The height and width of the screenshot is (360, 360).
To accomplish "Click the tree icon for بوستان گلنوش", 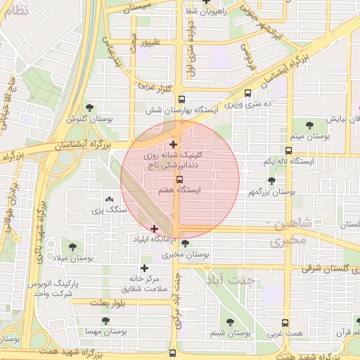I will pos(89,108).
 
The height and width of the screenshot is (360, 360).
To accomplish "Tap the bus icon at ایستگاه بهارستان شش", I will pos(181,100).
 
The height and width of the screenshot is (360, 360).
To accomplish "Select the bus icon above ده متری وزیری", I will pos(247,93).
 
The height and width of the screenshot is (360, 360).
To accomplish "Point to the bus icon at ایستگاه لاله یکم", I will pos(288,150).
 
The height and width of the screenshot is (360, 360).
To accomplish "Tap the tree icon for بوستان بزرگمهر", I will pos(271,181).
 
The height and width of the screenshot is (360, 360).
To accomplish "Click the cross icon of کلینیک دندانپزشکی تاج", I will pos(174,144).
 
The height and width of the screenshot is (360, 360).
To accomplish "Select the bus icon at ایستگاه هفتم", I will pos(179,180).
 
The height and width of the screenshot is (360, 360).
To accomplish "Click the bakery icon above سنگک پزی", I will pos(108,199).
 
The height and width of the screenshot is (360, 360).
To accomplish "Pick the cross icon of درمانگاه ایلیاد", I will pos(154,229).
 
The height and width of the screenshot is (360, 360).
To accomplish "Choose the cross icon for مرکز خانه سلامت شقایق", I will pos(144,268).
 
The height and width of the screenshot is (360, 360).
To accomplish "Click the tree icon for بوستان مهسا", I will pos(105,321).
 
